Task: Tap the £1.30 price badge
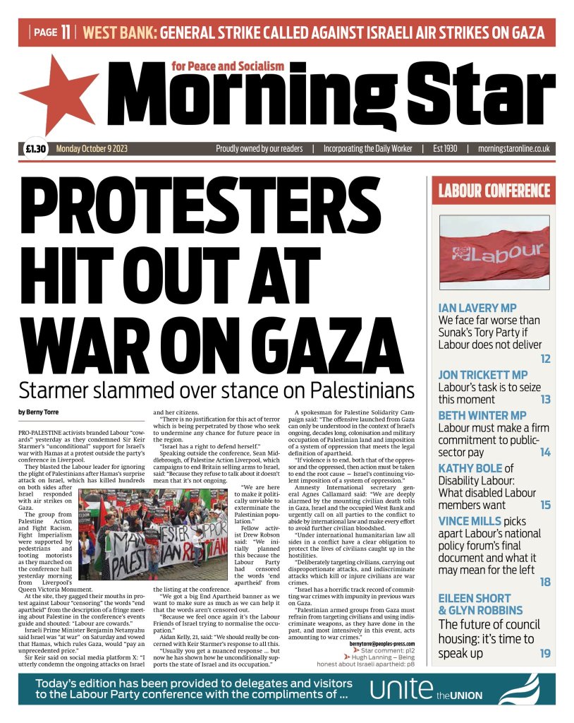tap(35, 149)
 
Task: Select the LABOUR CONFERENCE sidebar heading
tap(494, 191)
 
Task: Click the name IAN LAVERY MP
tap(477, 309)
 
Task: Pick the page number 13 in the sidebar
tap(545, 400)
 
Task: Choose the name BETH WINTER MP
tap(482, 414)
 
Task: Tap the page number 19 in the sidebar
tap(545, 654)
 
